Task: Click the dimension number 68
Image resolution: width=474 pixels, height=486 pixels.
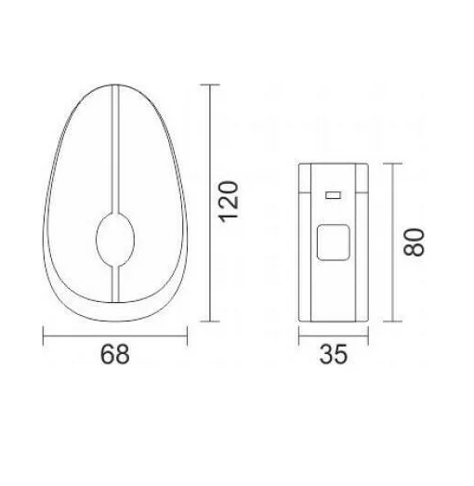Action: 115,354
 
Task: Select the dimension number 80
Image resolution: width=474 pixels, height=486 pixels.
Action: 414,242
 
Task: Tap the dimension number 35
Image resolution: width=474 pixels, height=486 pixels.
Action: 334,354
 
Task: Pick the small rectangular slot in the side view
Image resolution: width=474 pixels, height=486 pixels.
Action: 334,195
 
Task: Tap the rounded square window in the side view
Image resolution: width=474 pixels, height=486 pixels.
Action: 334,243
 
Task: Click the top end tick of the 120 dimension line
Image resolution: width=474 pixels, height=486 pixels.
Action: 210,85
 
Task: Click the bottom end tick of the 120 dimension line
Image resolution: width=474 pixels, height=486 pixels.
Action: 210,322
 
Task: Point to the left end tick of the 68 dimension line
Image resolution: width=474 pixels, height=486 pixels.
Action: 43,335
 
